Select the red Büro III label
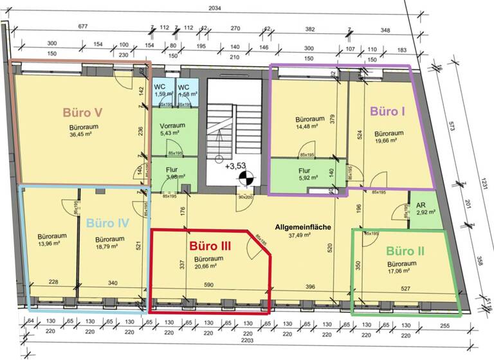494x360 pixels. tap(211, 246)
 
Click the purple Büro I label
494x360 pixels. tap(388, 111)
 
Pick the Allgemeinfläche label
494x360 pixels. tap(302, 228)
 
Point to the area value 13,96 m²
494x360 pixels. tap(49, 244)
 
